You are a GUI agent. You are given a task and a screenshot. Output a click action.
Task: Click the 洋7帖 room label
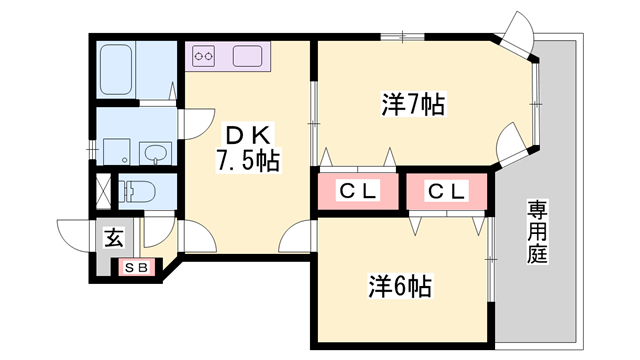point(413,104)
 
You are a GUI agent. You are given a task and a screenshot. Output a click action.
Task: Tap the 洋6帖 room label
point(400,286)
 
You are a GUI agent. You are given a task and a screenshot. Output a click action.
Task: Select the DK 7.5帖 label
point(248,148)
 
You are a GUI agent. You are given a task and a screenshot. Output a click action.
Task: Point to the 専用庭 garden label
point(537,232)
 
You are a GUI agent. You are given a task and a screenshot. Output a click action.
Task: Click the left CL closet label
point(358,191)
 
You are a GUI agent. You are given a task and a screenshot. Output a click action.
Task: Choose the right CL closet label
point(447,191)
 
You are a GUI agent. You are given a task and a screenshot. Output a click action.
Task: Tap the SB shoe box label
point(136,268)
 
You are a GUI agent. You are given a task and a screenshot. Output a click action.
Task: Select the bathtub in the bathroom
point(116,69)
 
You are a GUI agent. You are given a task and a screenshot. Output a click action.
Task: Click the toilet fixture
point(136,191)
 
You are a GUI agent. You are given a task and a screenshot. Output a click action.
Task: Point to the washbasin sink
point(156,154)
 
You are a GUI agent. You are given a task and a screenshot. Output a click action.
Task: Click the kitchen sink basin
point(247,56)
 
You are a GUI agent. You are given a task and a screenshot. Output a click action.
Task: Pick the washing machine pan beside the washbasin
point(116,152)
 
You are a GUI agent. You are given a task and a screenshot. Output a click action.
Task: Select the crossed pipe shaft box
point(103,191)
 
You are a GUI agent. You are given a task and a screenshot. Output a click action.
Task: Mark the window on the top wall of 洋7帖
point(402,37)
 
